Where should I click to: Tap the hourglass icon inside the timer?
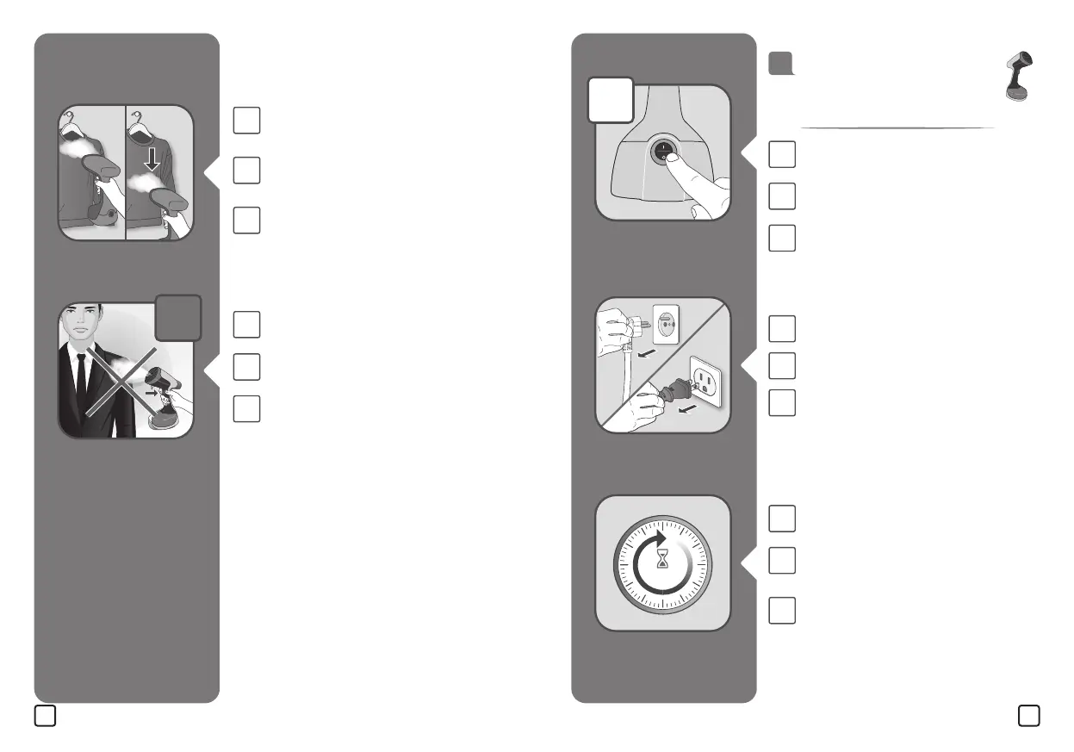662,561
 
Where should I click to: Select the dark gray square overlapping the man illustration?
178,318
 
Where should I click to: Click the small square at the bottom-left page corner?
46,715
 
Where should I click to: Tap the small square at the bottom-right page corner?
1027,715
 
